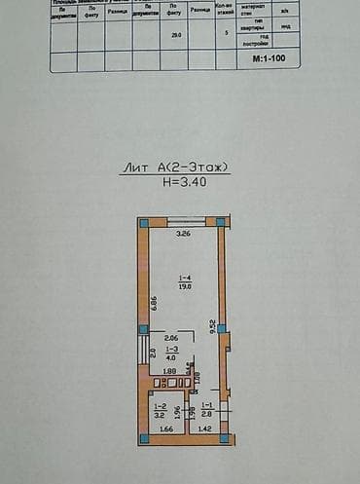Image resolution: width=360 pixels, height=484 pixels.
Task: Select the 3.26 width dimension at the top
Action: [182, 235]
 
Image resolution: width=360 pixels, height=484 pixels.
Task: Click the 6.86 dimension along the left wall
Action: [154, 302]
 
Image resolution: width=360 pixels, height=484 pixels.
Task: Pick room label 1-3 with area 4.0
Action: [172, 353]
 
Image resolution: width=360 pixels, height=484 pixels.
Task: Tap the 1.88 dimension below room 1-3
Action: [169, 371]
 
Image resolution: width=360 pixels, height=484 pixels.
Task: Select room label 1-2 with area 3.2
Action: [162, 409]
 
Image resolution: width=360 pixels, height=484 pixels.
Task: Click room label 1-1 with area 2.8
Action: [206, 409]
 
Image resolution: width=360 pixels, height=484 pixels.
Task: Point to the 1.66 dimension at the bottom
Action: [165, 428]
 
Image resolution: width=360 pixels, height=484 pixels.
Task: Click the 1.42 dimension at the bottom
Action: [204, 428]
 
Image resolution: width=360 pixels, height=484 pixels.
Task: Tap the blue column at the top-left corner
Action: [143, 223]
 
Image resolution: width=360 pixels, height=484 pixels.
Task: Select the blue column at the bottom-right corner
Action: [226, 439]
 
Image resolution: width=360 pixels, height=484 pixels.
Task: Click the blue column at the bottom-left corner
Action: [143, 439]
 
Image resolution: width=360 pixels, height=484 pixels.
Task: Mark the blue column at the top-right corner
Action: [223, 223]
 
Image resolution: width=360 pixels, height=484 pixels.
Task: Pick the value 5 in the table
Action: [226, 33]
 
